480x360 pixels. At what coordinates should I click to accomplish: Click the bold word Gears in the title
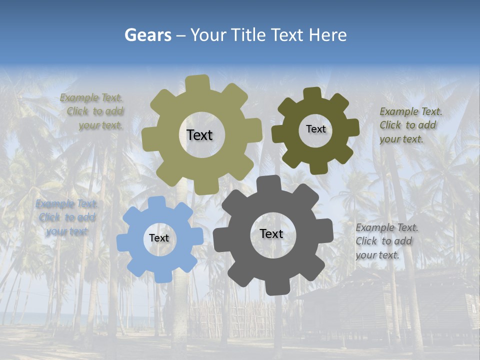pyautogui.click(x=148, y=35)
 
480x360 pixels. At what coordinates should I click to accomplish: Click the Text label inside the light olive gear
pyautogui.click(x=199, y=135)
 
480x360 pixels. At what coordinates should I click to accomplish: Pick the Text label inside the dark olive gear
pyautogui.click(x=315, y=129)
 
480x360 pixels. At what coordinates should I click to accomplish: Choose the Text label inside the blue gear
pyautogui.click(x=159, y=238)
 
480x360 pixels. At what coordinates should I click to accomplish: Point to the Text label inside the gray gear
pyautogui.click(x=271, y=233)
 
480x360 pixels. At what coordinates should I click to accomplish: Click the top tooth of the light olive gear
pyautogui.click(x=197, y=83)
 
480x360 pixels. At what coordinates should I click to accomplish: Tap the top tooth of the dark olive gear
pyautogui.click(x=312, y=93)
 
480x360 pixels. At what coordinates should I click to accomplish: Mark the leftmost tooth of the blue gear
pyautogui.click(x=123, y=243)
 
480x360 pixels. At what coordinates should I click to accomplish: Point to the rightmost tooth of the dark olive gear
pyautogui.click(x=353, y=127)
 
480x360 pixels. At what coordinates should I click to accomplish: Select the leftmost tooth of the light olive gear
pyautogui.click(x=148, y=139)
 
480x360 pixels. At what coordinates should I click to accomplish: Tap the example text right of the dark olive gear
pyautogui.click(x=408, y=125)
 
